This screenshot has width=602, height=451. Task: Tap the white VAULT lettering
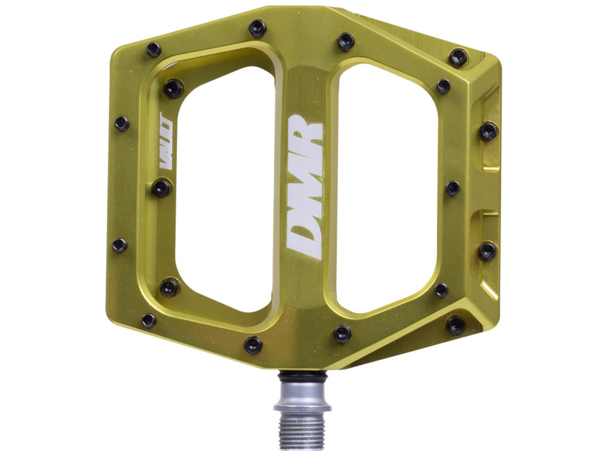[167, 141]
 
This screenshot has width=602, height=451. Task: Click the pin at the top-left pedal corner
[154, 49]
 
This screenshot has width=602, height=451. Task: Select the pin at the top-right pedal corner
[458, 58]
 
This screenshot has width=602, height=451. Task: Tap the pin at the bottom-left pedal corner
[149, 321]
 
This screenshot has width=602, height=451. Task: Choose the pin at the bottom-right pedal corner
[455, 325]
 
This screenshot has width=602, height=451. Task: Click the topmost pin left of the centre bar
[257, 28]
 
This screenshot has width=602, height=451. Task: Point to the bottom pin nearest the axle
[253, 344]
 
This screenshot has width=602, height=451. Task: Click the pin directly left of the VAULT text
[122, 123]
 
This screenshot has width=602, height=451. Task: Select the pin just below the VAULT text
[162, 188]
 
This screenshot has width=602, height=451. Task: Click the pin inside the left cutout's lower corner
[170, 287]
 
